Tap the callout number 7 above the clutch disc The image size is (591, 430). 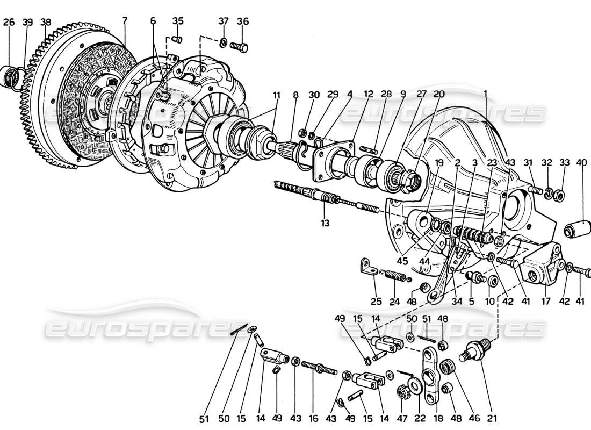(x=125, y=21)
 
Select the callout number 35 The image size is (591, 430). (x=178, y=21)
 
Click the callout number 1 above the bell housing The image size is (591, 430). (x=486, y=93)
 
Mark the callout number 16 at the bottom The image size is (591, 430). (x=313, y=418)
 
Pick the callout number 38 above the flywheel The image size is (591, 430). (x=46, y=22)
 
